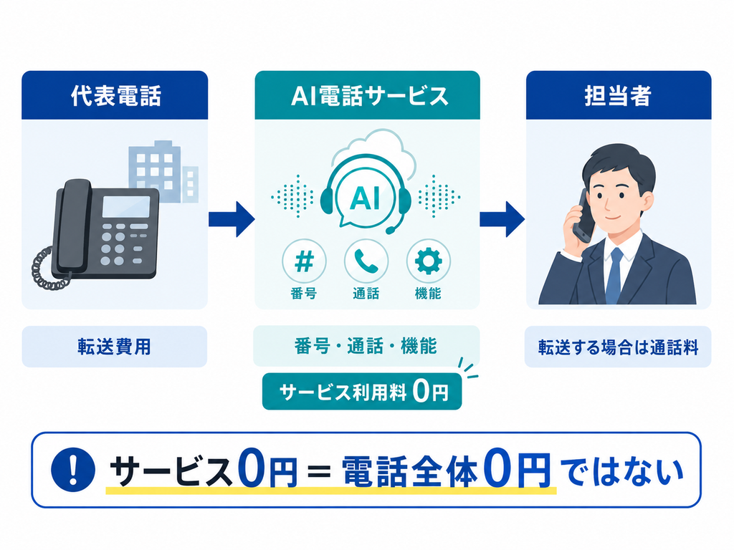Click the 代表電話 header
pyautogui.click(x=115, y=95)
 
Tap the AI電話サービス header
pyautogui.click(x=368, y=96)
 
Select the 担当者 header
pyautogui.click(x=619, y=95)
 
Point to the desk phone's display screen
pyautogui.click(x=126, y=206)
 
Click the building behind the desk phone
pyautogui.click(x=163, y=171)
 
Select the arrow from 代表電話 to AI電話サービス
pyautogui.click(x=232, y=219)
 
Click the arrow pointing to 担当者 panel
pyautogui.click(x=502, y=219)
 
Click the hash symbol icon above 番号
pyautogui.click(x=304, y=261)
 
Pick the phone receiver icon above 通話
pyautogui.click(x=366, y=261)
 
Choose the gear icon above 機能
pyautogui.click(x=429, y=261)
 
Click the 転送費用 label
pyautogui.click(x=115, y=347)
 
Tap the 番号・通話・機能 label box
pyautogui.click(x=366, y=346)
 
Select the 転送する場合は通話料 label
pyautogui.click(x=618, y=347)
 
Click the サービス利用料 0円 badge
pyautogui.click(x=362, y=392)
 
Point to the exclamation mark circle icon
pyautogui.click(x=72, y=469)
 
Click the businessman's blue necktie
pyautogui.click(x=614, y=276)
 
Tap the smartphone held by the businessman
pyautogui.click(x=585, y=216)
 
